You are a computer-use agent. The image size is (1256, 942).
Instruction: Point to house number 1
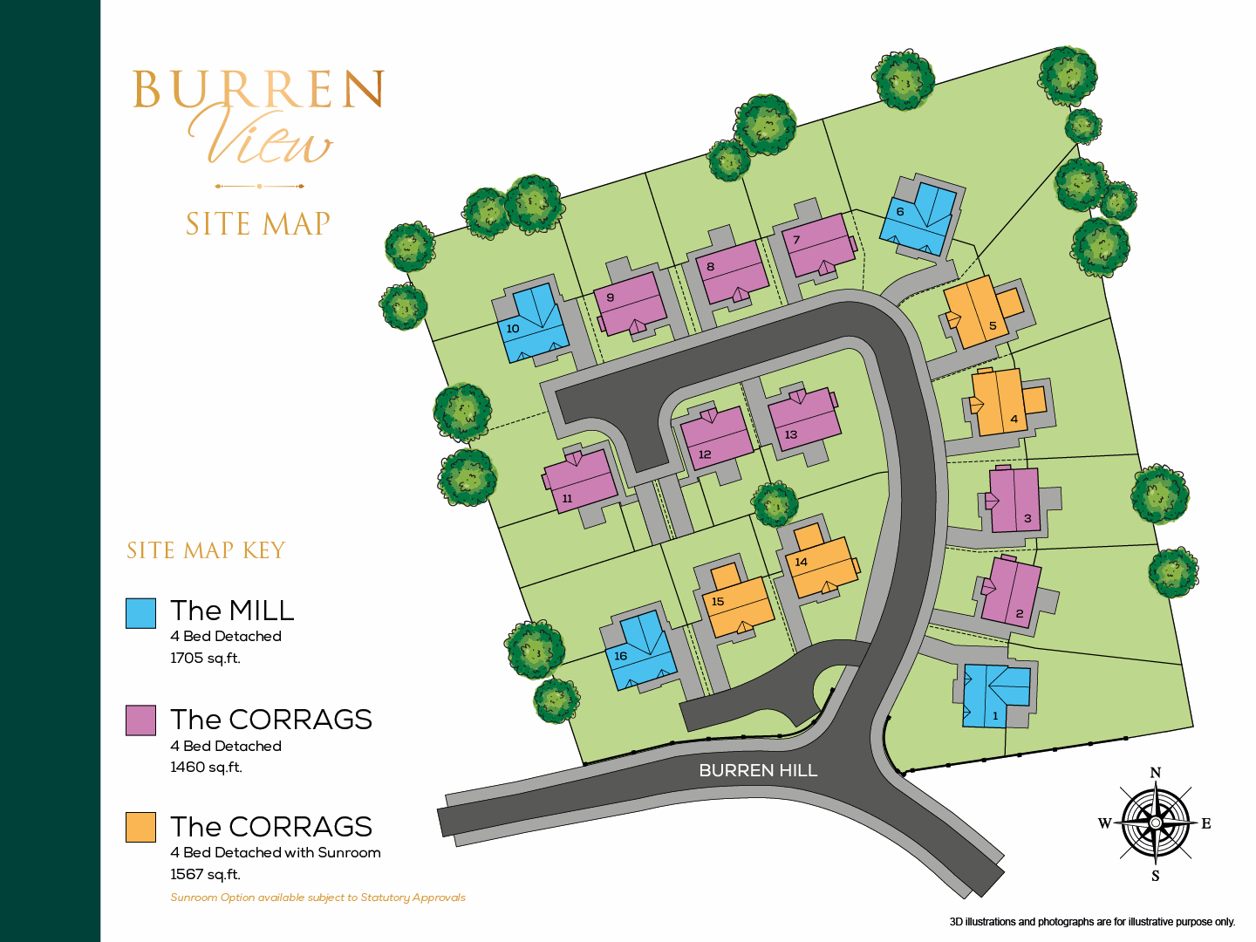[x=997, y=695]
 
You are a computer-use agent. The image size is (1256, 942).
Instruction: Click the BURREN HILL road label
[x=758, y=770]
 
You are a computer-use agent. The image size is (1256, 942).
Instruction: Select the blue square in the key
[x=140, y=613]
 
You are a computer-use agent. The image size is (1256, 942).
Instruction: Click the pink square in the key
[x=140, y=720]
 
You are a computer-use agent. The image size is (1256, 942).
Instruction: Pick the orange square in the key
[x=140, y=827]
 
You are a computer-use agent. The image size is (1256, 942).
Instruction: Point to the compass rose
[x=1156, y=823]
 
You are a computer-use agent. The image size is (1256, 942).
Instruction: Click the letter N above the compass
[x=1156, y=773]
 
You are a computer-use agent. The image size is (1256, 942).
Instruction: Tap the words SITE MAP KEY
[x=206, y=550]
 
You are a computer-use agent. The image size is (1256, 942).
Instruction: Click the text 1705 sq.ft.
[x=205, y=658]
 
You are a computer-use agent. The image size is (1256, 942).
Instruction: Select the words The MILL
[x=232, y=611]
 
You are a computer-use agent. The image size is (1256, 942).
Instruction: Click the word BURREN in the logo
[x=258, y=90]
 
